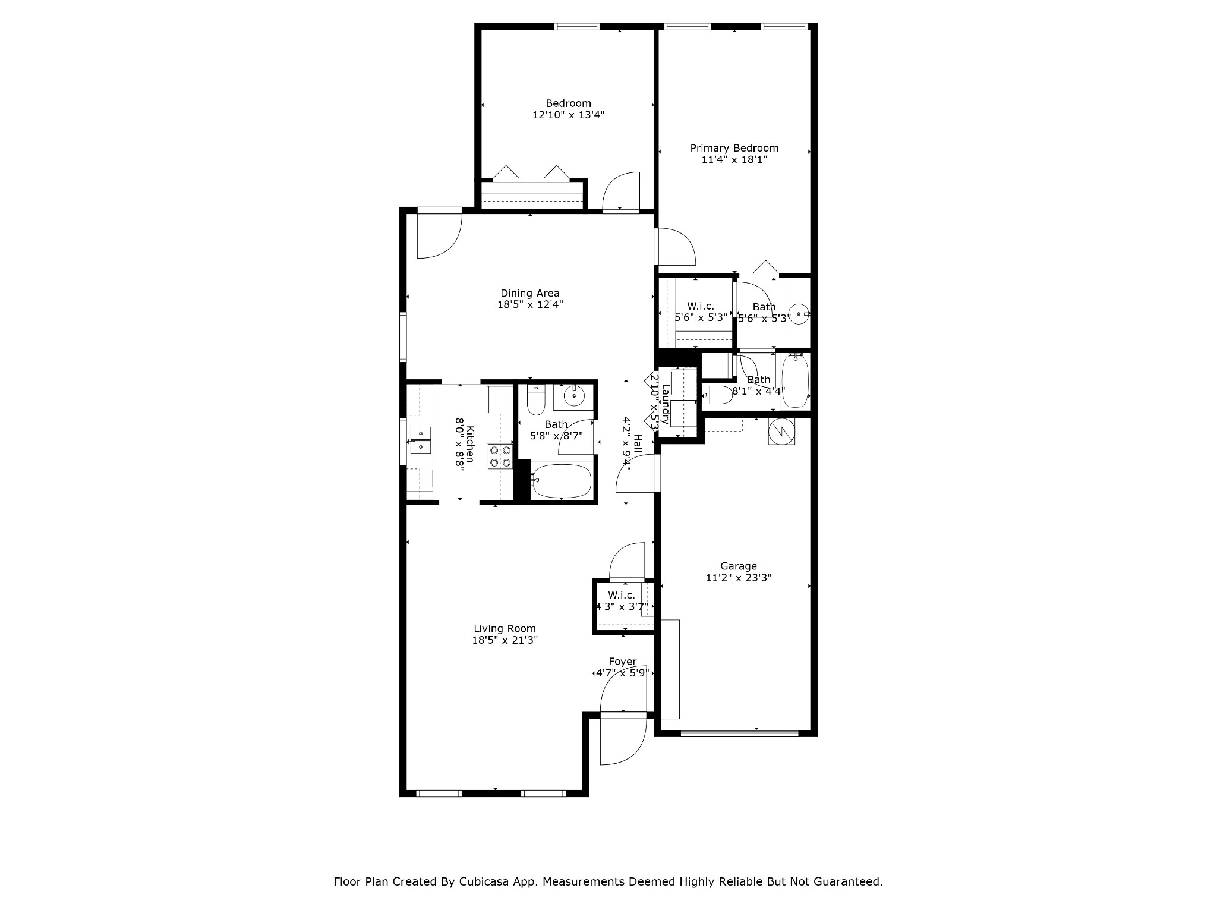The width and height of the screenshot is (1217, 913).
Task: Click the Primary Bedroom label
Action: pos(734,148)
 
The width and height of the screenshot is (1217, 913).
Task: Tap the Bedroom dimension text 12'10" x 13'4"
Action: pos(568,115)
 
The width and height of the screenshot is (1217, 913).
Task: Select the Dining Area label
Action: pos(529,293)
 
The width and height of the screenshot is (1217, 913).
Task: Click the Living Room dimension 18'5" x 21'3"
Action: pos(505,640)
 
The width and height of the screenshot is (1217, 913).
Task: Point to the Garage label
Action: pos(738,566)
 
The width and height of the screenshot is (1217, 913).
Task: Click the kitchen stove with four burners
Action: pos(500,456)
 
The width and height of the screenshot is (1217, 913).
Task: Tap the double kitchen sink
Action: pos(420,440)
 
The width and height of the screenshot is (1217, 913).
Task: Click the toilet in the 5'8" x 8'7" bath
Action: pos(536,400)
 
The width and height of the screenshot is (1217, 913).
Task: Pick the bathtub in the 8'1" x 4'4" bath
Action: pos(794,380)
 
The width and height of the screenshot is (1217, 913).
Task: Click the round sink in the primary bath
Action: pos(800,313)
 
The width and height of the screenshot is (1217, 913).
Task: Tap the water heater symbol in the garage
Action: pos(781,432)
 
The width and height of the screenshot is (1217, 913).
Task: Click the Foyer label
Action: pos(622,662)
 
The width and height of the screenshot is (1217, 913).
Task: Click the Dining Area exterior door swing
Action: pos(438,235)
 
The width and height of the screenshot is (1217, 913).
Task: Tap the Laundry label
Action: pos(666,404)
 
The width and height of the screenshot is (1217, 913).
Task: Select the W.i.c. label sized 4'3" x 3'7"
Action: pos(621,595)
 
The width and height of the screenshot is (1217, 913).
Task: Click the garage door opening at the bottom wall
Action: pos(739,733)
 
